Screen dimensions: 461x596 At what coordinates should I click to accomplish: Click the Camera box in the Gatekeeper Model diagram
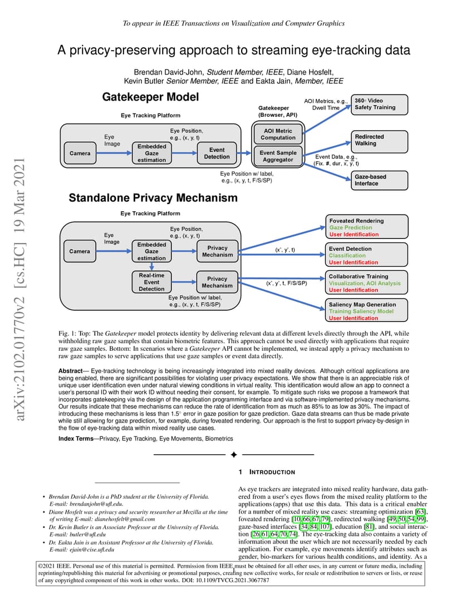point(80,153)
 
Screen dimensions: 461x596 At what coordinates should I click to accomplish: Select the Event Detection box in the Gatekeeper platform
point(217,153)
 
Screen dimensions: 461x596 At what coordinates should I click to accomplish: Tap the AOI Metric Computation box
point(278,134)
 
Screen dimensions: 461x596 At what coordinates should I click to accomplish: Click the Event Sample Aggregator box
point(278,156)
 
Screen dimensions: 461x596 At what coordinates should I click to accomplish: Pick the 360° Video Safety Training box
point(379,105)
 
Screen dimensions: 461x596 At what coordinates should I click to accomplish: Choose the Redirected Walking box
point(379,141)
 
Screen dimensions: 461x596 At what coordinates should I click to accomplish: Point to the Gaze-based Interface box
point(379,180)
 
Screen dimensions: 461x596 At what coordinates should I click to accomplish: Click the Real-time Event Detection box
point(151,282)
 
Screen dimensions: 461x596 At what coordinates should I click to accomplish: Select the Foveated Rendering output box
point(366,227)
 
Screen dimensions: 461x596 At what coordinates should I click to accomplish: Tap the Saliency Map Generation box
point(366,311)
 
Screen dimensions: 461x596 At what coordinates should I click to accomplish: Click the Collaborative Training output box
point(366,282)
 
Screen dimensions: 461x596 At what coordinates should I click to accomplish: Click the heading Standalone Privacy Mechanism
point(153,198)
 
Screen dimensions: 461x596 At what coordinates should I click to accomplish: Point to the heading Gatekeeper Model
point(150,97)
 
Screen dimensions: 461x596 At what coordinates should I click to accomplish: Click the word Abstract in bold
point(70,371)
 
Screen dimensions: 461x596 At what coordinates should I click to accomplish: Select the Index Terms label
point(76,439)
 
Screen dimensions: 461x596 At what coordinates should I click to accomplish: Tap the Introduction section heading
point(272,472)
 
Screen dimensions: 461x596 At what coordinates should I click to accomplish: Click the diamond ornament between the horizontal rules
point(234,455)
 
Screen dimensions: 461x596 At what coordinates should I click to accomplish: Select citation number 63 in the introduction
point(420,511)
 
